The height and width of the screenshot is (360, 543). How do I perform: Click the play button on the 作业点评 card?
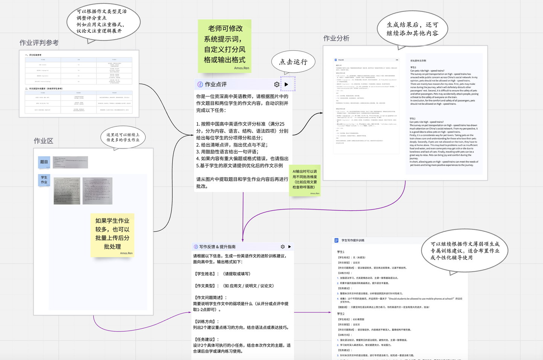pyautogui.click(x=287, y=84)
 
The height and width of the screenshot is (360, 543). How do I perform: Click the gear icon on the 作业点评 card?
pyautogui.click(x=277, y=84)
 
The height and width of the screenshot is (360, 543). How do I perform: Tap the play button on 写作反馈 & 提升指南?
pyautogui.click(x=290, y=247)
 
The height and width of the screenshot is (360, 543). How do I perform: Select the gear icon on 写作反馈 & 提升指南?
pyautogui.click(x=282, y=247)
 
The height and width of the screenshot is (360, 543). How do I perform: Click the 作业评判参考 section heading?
pyautogui.click(x=39, y=43)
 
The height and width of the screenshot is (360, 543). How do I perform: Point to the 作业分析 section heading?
pyautogui.click(x=336, y=38)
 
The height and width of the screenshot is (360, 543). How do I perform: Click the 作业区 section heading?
pyautogui.click(x=43, y=141)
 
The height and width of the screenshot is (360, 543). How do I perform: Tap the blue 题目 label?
pyautogui.click(x=44, y=162)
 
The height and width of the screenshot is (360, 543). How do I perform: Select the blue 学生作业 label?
pyautogui.click(x=44, y=180)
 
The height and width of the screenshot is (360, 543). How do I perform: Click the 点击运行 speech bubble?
pyautogui.click(x=293, y=62)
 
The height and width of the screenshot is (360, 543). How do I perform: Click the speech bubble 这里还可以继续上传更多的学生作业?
pyautogui.click(x=123, y=137)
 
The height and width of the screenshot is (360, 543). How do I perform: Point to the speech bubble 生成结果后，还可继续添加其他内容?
pyautogui.click(x=413, y=29)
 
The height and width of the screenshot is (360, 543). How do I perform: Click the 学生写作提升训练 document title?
pyautogui.click(x=353, y=240)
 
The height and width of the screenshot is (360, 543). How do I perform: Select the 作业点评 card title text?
pyautogui.click(x=216, y=84)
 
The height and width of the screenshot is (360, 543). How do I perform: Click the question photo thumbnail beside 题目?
pyautogui.click(x=71, y=162)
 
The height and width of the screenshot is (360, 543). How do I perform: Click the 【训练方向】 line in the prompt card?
pyautogui.click(x=206, y=322)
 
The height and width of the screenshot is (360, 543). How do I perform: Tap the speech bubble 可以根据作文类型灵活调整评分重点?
pyautogui.click(x=103, y=21)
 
